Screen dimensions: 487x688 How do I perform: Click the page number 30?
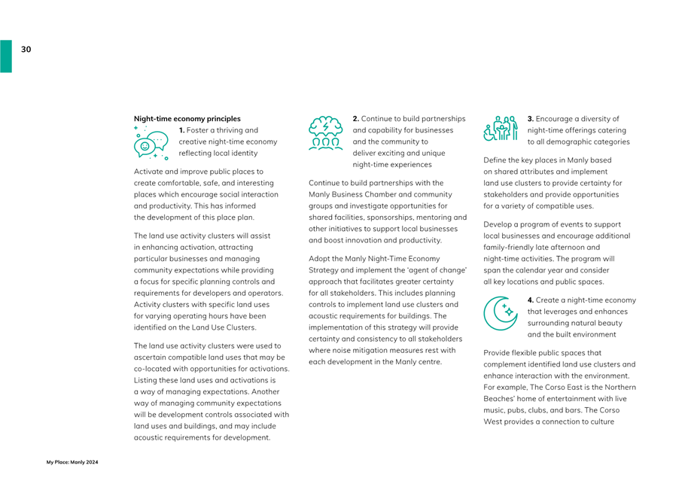coord(26,50)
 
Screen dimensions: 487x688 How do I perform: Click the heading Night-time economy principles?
coord(187,119)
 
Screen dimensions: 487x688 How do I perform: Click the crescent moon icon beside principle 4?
coord(501,312)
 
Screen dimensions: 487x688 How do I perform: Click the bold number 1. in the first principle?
coord(182,130)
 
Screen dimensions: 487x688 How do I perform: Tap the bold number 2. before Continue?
coord(357,119)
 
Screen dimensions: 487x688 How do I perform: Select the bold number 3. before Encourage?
coord(531,119)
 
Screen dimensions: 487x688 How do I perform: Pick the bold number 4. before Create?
coord(531,300)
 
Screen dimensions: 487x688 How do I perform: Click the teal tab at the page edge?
coord(5,56)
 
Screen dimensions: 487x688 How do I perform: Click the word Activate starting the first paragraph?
coord(149,172)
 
